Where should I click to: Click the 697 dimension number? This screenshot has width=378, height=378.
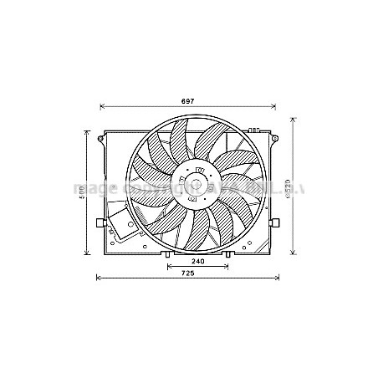tap(187, 100)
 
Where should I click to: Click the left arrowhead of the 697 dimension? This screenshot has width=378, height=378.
tap(101, 107)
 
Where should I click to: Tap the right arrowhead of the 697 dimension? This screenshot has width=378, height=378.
tap(275, 107)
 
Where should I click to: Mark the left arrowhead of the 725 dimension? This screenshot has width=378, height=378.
tap(99, 278)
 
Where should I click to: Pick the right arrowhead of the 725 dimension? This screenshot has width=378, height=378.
tap(280, 278)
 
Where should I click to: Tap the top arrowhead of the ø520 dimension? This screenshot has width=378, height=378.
tap(293, 118)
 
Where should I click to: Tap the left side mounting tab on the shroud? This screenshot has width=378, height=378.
tap(100, 223)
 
